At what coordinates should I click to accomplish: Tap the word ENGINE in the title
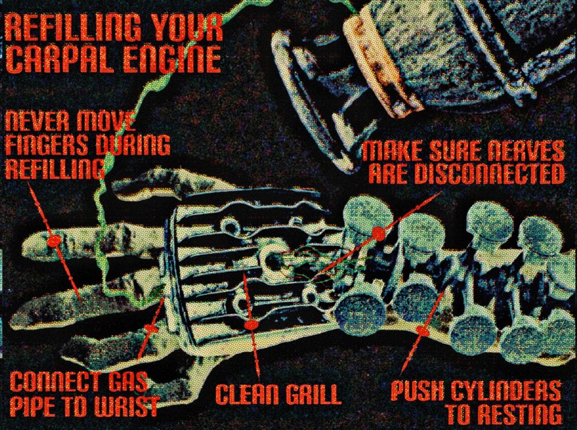point(172,59)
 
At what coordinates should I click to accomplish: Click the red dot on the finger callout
point(54,241)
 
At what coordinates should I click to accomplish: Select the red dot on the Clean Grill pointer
point(252,325)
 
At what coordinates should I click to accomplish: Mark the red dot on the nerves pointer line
point(378,233)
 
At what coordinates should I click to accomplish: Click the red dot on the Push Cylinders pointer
point(423,332)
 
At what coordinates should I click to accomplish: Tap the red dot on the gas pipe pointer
point(151,328)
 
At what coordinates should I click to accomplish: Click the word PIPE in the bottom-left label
point(31,406)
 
